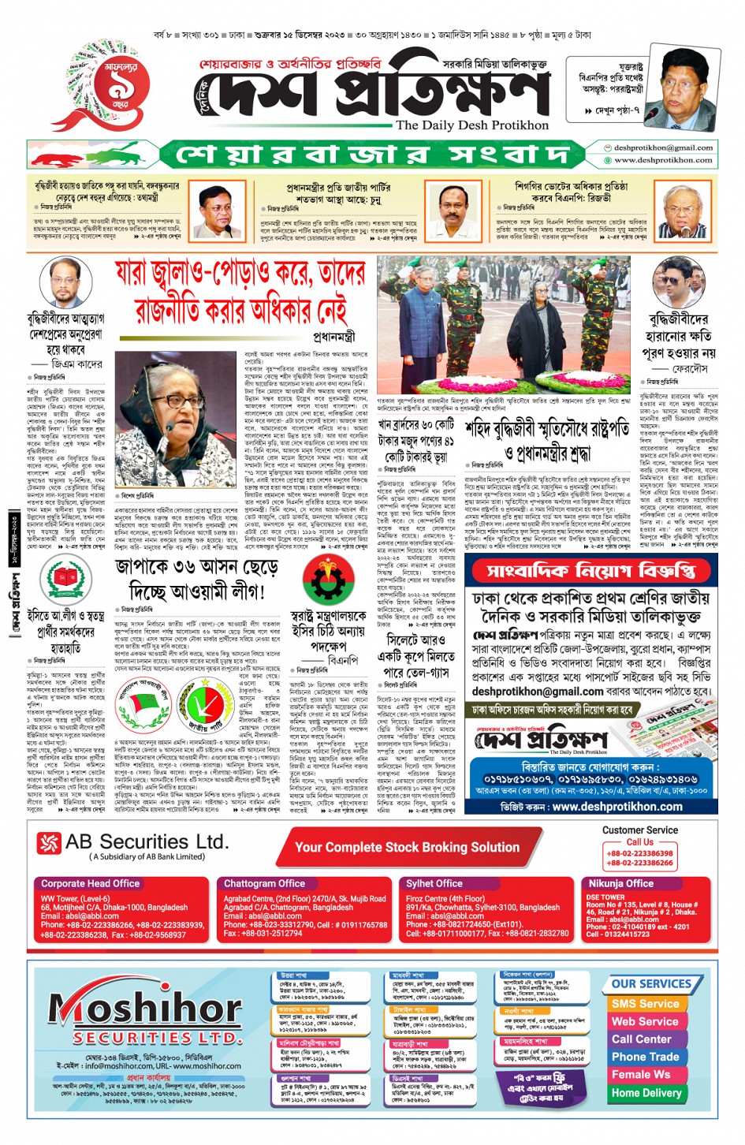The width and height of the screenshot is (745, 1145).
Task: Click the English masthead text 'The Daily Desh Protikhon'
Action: click(x=471, y=125)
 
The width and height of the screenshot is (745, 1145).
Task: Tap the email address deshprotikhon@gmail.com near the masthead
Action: click(x=663, y=147)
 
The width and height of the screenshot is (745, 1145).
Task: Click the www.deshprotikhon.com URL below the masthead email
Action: click(x=663, y=159)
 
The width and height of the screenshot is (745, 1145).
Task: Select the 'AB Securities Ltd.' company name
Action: click(x=147, y=842)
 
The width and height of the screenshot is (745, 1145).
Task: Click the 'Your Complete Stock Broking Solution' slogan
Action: click(x=407, y=847)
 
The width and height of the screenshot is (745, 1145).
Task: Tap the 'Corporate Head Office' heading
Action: click(x=90, y=883)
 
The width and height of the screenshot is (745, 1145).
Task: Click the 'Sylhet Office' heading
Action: click(x=434, y=883)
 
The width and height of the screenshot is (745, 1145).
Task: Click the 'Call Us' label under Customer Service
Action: click(x=639, y=841)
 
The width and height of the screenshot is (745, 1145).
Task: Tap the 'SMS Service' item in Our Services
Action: click(x=645, y=1004)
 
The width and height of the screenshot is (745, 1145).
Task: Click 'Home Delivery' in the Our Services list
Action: click(x=646, y=1093)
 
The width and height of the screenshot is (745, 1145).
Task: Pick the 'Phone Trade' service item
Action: click(x=645, y=1057)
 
